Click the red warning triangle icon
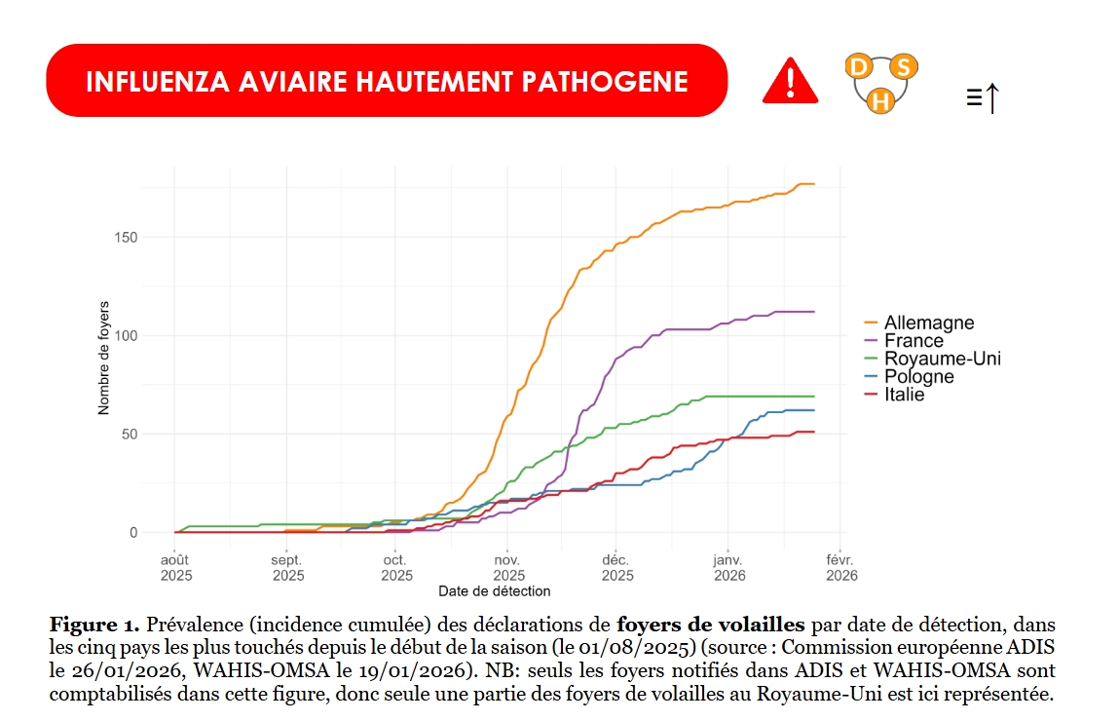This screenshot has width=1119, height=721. click(x=790, y=80)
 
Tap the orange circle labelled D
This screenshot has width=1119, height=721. click(x=858, y=67)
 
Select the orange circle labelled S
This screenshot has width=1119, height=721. click(x=904, y=67)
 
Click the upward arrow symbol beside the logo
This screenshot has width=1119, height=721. click(x=991, y=97)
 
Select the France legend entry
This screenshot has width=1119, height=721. click(x=914, y=341)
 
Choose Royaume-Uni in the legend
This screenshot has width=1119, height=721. click(x=942, y=359)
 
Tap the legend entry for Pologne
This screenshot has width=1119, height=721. click(x=918, y=377)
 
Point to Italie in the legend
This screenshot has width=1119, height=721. click(x=904, y=395)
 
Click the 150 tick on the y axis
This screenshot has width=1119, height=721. click(x=126, y=238)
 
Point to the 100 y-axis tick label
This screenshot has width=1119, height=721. click(x=126, y=336)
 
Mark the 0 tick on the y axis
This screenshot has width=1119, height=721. click(x=133, y=533)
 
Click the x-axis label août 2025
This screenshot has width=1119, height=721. click(x=176, y=567)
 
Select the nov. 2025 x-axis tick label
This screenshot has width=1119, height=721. click(x=508, y=567)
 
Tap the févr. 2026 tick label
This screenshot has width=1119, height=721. click(x=840, y=567)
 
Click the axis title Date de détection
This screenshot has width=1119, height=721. click(x=494, y=591)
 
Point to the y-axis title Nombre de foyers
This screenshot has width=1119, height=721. click(x=103, y=359)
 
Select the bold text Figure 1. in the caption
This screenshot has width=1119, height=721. click(x=94, y=624)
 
